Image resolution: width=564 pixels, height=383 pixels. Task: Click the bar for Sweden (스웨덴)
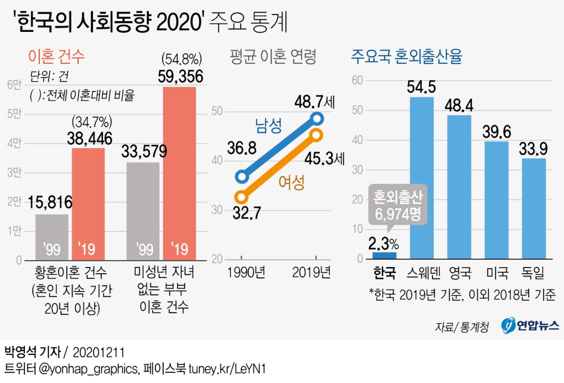(x=422, y=178)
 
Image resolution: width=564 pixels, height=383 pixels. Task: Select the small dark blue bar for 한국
(x=384, y=256)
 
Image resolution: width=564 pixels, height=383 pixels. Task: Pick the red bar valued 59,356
(x=179, y=174)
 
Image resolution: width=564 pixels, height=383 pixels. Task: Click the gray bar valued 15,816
(x=52, y=237)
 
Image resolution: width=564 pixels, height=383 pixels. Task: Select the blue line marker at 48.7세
(x=317, y=118)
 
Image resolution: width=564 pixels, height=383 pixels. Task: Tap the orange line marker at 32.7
(x=242, y=197)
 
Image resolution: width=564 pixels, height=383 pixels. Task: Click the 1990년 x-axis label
(x=242, y=273)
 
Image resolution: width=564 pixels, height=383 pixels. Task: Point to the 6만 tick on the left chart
(x=14, y=84)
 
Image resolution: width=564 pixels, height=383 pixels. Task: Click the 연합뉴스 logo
(x=529, y=325)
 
